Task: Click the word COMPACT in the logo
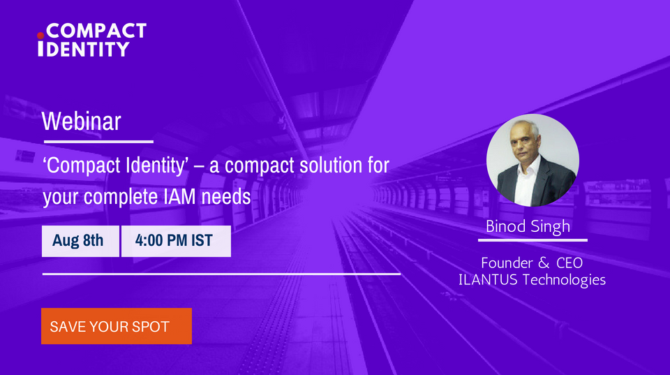tap(95, 31)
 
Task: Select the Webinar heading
tap(81, 121)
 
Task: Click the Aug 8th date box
tap(78, 241)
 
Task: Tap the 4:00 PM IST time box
tap(174, 241)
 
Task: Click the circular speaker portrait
tap(532, 160)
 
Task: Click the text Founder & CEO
tap(532, 263)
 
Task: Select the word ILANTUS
tap(489, 281)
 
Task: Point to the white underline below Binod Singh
tap(532, 240)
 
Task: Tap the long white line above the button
tap(221, 274)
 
